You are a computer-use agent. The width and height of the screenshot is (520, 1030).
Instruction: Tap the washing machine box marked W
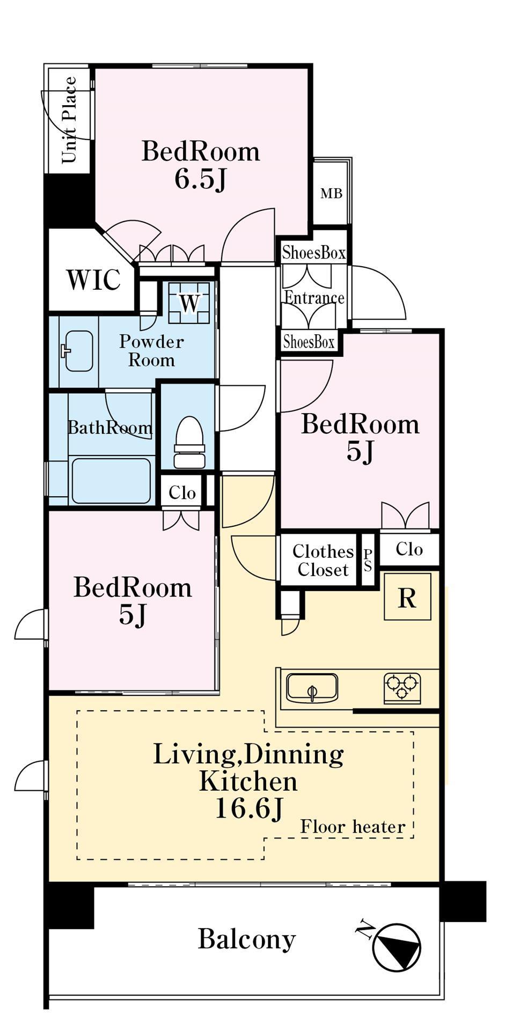189,303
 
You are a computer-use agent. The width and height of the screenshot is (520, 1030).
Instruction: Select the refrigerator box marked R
407,597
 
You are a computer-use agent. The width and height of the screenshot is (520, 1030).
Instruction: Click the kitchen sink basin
312,688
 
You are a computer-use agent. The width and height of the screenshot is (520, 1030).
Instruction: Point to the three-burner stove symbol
402,688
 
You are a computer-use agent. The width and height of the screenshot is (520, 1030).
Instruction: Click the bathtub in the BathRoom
111,481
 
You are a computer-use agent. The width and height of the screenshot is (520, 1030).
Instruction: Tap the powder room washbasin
78,351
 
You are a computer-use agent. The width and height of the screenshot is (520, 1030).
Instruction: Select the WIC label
93,279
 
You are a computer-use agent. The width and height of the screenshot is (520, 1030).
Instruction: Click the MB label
331,193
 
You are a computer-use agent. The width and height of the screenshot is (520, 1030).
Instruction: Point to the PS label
368,560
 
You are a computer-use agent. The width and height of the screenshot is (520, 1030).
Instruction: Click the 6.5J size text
201,179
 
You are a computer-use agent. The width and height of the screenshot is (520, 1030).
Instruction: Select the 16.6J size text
248,808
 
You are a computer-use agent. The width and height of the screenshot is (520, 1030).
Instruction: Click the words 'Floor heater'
353,827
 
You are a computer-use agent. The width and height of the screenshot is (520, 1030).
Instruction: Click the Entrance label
314,298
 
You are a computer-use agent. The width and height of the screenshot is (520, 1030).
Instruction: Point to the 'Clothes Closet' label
323,561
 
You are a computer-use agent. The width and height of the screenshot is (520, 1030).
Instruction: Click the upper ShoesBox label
314,252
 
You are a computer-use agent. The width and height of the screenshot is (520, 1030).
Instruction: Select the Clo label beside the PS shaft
409,549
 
